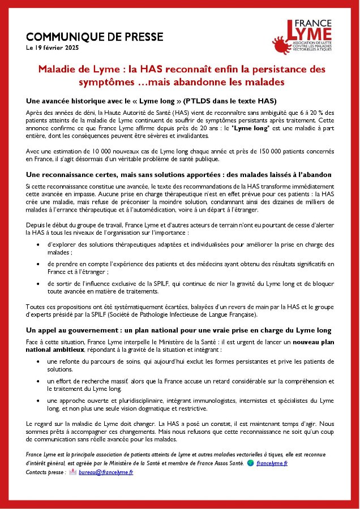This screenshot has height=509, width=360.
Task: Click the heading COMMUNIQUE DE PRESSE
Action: coord(95,37)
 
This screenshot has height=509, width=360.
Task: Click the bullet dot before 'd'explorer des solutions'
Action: coord(37,244)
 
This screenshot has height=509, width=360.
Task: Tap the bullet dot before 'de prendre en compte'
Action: coord(37,264)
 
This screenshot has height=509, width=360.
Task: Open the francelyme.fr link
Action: coord(272,463)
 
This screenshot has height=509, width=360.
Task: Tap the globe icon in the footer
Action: coord(250,463)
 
